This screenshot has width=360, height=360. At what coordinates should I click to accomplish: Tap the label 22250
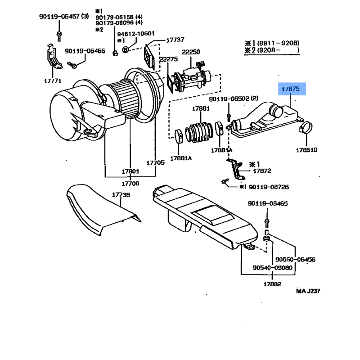[x=191, y=52]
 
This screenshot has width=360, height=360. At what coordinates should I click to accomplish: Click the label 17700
[x=130, y=184]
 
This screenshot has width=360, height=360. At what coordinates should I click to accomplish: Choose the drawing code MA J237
[x=308, y=291]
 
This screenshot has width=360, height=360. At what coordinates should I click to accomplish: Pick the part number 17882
[x=272, y=284]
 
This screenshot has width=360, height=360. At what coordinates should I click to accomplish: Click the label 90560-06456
[x=295, y=260]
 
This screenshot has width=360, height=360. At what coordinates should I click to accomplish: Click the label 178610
[x=306, y=149]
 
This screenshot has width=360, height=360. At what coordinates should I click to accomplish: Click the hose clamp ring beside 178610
[x=307, y=128]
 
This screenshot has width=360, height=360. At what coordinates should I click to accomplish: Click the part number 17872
[x=261, y=171]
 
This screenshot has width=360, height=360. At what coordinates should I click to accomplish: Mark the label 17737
[x=175, y=40]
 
